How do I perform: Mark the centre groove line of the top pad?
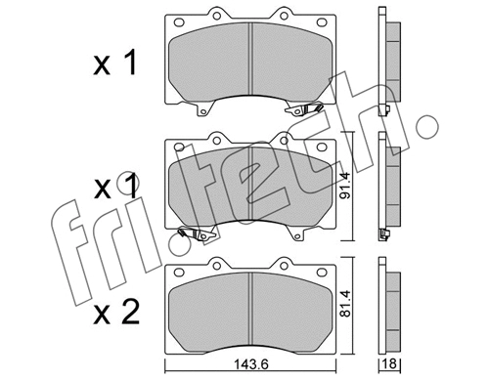[x=252, y=61]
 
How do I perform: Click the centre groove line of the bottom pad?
[x=252, y=309]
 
